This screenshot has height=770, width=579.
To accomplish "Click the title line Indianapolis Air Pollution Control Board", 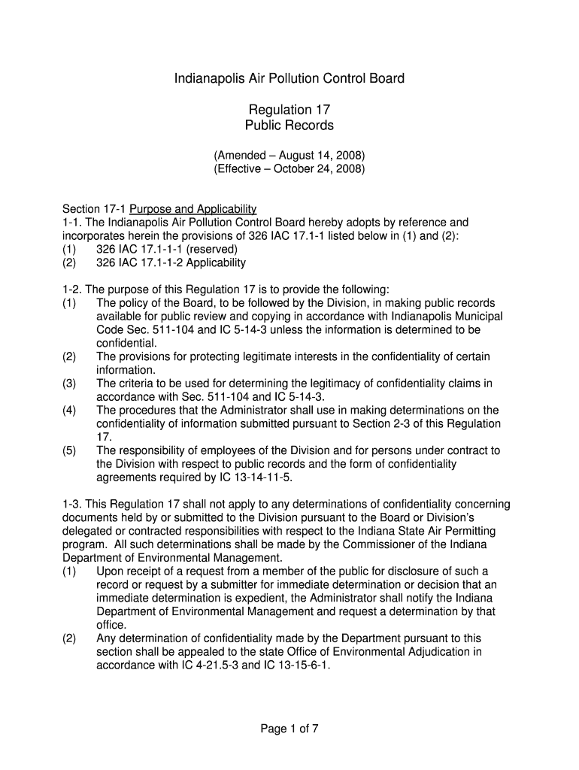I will tap(289, 78).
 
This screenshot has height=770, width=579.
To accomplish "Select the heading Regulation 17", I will tap(289, 110).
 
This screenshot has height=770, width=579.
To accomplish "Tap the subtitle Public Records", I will tap(289, 126).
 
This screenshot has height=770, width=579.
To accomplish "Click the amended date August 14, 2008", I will tap(326, 156).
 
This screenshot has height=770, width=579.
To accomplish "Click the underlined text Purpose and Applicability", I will tap(193, 209).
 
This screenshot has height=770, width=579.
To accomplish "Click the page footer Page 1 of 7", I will tap(289, 729).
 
